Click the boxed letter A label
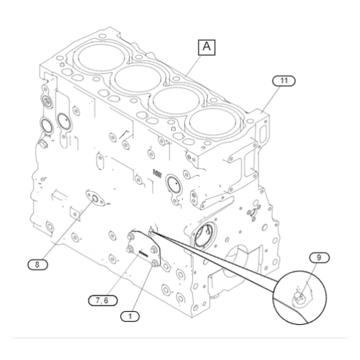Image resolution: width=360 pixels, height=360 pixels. click(207, 48)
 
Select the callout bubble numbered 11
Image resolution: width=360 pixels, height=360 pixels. click(284, 81)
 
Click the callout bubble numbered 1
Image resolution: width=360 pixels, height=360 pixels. click(130, 315)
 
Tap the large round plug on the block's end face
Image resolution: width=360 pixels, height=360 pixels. click(204, 236)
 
